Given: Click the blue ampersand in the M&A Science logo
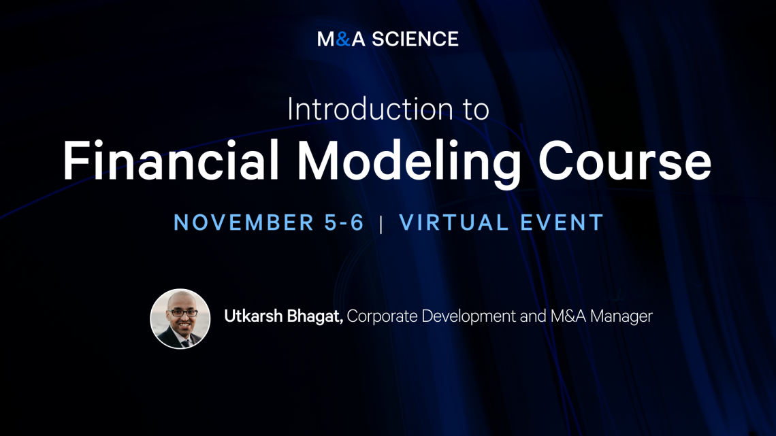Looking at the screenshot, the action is pyautogui.click(x=343, y=39).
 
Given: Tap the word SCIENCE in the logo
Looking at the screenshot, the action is pyautogui.click(x=415, y=39).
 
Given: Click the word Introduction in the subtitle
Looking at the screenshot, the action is pyautogui.click(x=370, y=109).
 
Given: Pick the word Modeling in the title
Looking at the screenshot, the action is pyautogui.click(x=409, y=163).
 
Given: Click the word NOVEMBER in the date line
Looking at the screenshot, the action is pyautogui.click(x=244, y=222).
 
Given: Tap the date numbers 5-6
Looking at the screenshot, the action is pyautogui.click(x=344, y=222).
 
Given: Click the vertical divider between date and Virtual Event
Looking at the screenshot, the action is pyautogui.click(x=381, y=224).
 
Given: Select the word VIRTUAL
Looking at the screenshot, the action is pyautogui.click(x=454, y=222).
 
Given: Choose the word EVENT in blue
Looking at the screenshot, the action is pyautogui.click(x=562, y=222).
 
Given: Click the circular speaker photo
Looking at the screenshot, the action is pyautogui.click(x=180, y=319).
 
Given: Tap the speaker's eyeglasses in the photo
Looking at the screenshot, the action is pyautogui.click(x=182, y=312).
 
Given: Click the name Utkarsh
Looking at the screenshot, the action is pyautogui.click(x=253, y=316).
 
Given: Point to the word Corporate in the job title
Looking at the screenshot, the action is pyautogui.click(x=382, y=316).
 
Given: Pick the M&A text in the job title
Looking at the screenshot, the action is pyautogui.click(x=568, y=316).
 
